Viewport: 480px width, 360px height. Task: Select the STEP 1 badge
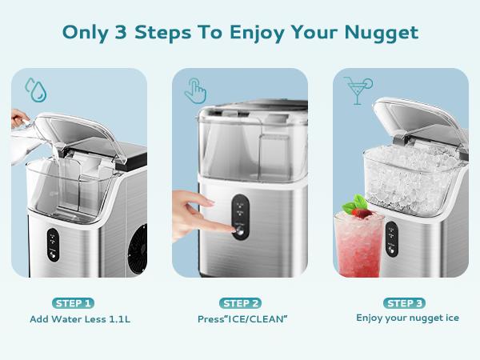pos(73,303)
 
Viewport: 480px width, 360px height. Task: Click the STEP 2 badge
pos(239,303)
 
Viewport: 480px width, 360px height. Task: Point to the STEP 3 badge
pos(406,303)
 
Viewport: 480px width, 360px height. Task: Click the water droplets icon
pos(35,86)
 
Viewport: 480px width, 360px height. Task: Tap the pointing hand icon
pos(194,90)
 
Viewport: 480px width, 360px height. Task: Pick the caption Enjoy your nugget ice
pos(407,318)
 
